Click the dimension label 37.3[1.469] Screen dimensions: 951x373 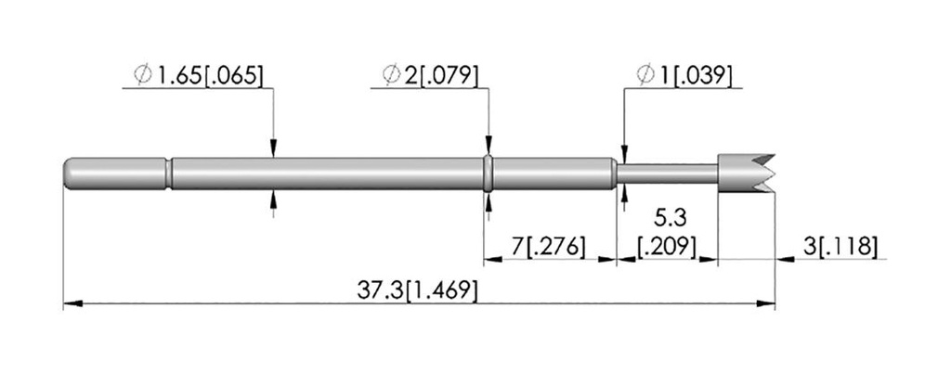[x=417, y=290]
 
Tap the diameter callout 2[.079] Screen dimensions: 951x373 [x=430, y=76]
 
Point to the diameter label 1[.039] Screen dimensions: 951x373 [x=684, y=76]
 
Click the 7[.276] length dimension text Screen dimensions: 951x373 [x=549, y=247]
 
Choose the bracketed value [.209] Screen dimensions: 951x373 [x=667, y=247]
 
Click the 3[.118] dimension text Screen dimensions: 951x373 [x=840, y=247]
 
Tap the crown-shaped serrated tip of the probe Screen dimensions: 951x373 [x=746, y=174]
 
